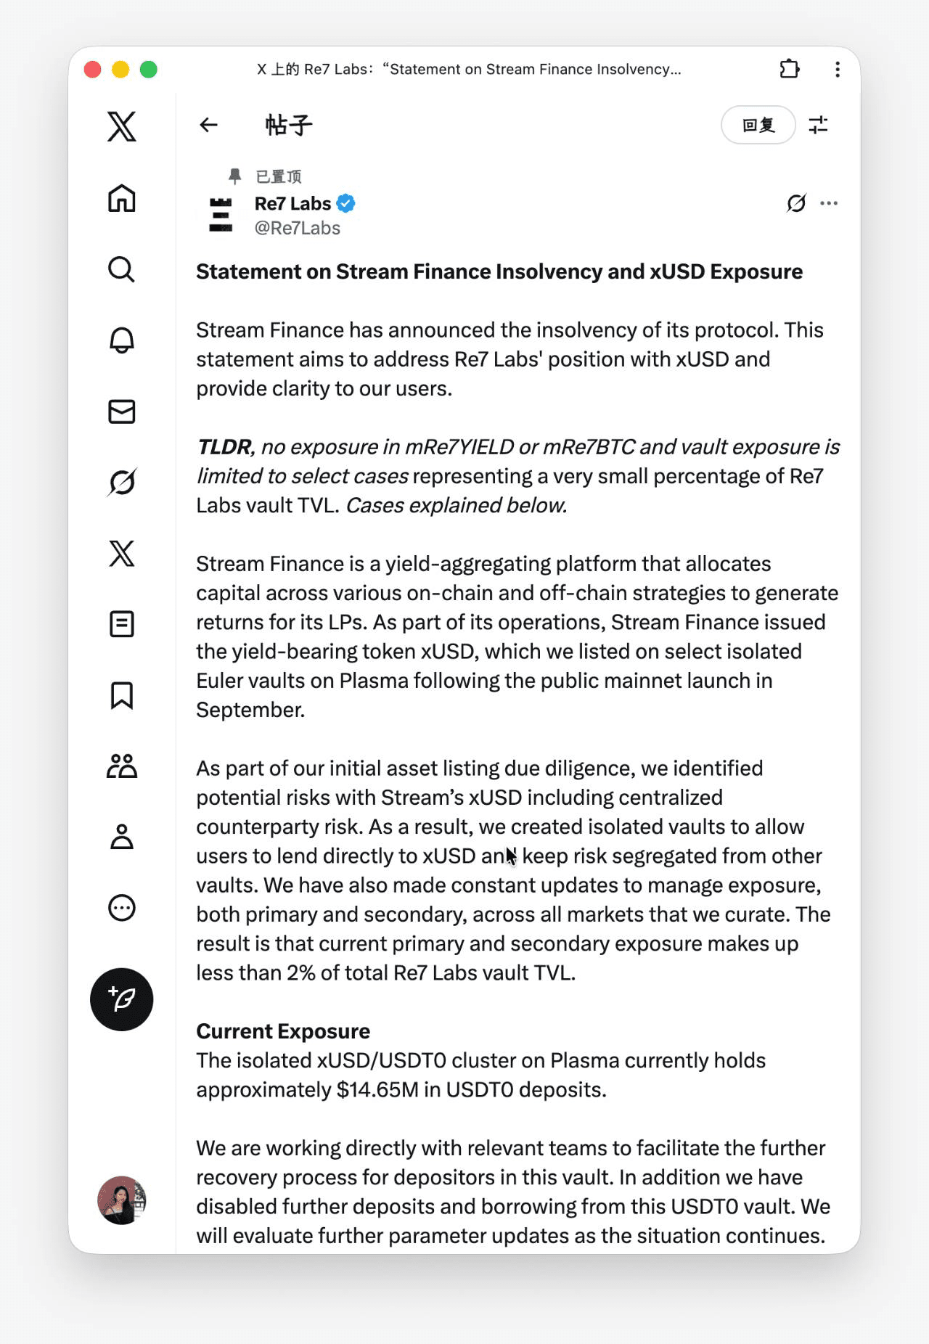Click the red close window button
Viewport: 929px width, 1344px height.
coord(92,70)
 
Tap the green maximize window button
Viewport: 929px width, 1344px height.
coord(149,70)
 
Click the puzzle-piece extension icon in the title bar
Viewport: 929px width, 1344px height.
coord(789,69)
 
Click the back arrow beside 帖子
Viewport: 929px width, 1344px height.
coord(209,125)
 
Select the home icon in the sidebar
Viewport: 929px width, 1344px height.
coord(122,198)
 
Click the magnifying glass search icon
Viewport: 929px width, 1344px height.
coord(122,269)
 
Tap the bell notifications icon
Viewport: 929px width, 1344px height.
coord(122,340)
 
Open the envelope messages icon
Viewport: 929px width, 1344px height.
coord(122,411)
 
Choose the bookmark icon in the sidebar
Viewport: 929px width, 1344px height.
coord(122,695)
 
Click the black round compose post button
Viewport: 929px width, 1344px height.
coord(122,999)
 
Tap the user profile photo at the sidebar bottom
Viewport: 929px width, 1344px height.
coord(122,1200)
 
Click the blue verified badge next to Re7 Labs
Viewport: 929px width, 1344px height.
coord(346,204)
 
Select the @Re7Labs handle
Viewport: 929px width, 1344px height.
coord(297,229)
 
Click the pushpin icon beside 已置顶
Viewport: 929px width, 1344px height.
coord(234,176)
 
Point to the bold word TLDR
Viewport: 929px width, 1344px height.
coord(224,447)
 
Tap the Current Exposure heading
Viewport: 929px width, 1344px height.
coord(283,1031)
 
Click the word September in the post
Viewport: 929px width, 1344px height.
coord(249,710)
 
